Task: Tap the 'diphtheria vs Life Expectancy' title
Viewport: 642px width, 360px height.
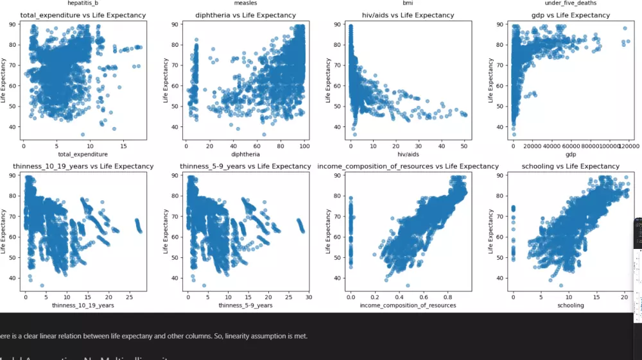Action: pos(243,15)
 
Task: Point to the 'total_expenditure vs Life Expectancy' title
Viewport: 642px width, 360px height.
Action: pos(83,15)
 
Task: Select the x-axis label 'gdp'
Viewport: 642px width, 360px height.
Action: pos(571,154)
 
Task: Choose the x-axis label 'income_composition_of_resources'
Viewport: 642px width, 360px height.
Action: pos(408,305)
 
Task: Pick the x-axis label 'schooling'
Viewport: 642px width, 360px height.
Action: pos(571,305)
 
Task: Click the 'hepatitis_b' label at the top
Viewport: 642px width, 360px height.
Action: pos(83,4)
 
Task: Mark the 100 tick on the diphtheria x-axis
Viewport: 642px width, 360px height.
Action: pos(304,146)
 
